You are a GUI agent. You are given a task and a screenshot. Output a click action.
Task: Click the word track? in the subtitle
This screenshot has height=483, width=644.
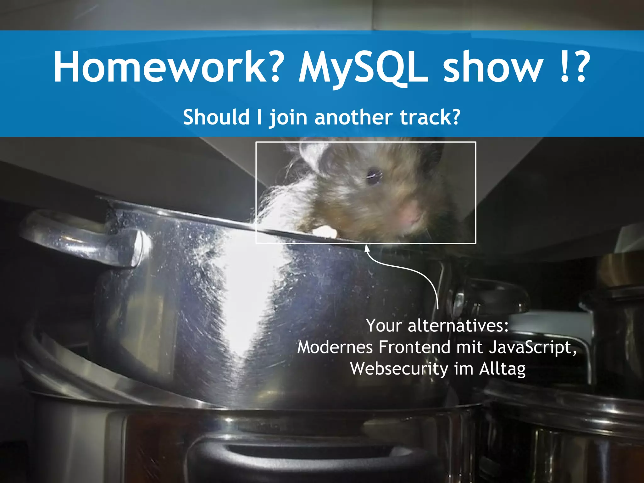(x=430, y=117)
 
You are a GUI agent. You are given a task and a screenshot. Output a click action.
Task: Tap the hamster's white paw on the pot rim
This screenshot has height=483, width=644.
(x=325, y=232)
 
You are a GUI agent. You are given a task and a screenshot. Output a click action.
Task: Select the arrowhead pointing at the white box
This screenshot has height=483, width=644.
(x=367, y=248)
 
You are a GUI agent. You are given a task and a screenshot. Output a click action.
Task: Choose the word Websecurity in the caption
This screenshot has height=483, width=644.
(x=399, y=369)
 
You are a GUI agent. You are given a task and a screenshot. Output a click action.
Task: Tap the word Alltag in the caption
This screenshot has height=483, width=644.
(x=502, y=369)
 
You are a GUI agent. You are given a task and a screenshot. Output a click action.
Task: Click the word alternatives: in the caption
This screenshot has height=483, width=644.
(x=458, y=326)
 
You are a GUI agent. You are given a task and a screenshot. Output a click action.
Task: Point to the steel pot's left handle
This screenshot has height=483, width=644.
(x=85, y=239)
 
